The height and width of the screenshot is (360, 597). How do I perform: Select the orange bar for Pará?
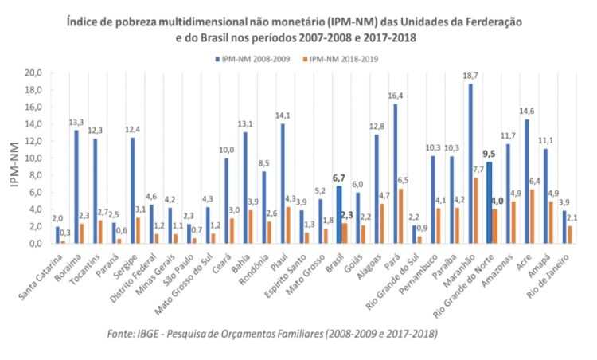click(400, 216)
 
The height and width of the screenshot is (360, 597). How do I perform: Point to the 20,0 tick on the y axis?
click(32, 72)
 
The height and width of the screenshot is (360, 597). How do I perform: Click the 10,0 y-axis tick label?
click(32, 158)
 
